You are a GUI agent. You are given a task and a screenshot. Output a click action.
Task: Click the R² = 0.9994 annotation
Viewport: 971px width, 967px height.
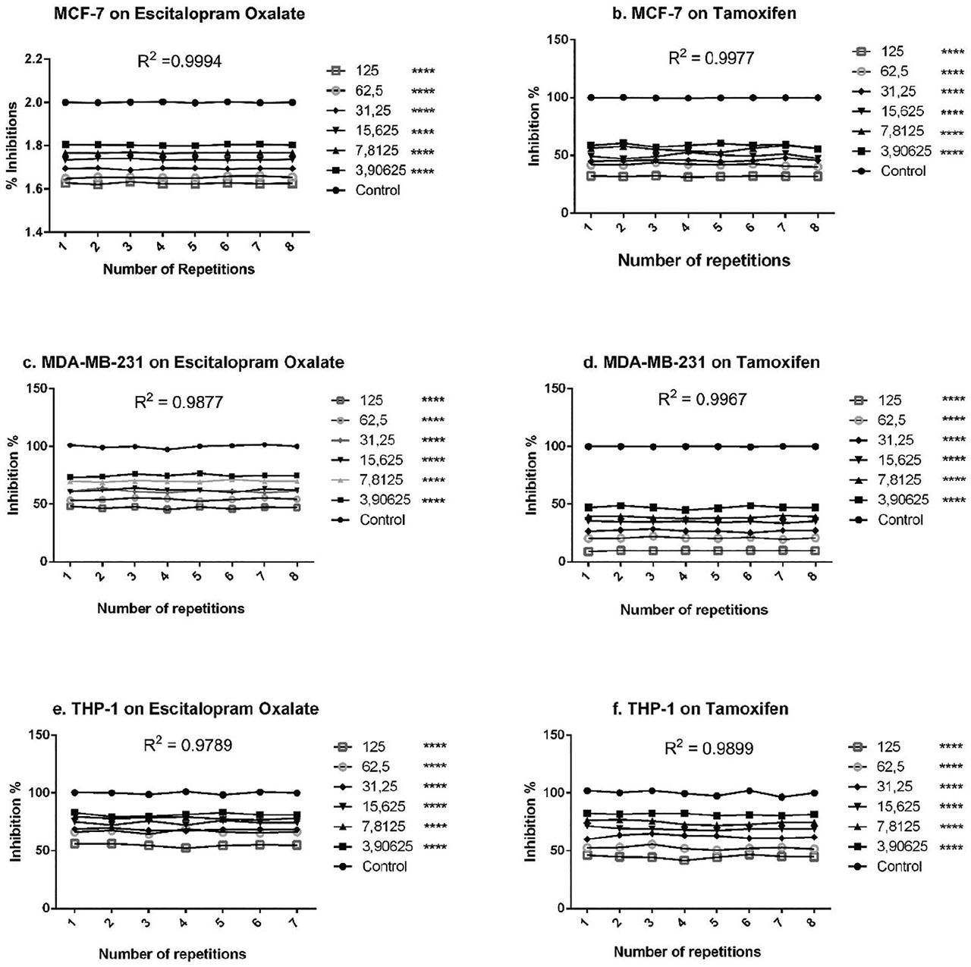179,62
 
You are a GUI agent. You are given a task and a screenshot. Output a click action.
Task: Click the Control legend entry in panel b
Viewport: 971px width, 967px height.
903,171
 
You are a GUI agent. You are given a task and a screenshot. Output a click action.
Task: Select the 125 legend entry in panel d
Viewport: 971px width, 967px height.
892,400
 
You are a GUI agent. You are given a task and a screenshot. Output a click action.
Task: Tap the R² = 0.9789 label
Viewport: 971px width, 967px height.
188,746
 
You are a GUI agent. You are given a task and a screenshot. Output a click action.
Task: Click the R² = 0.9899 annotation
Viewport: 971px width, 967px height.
709,749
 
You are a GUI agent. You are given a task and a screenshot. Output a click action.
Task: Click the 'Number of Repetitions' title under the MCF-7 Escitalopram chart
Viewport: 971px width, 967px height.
178,269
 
